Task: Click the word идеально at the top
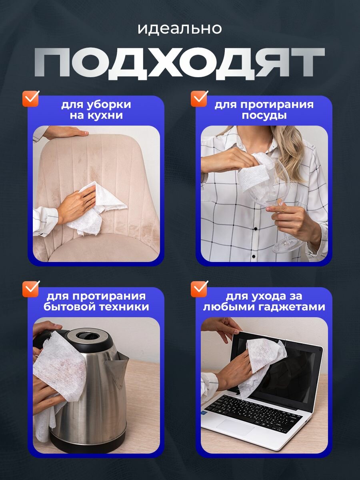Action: coord(180,29)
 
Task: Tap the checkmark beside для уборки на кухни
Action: coord(31,99)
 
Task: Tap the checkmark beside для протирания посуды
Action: coord(199,99)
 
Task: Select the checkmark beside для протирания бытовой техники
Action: coord(31,289)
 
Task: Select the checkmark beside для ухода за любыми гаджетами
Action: coord(199,289)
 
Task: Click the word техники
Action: coord(124,306)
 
